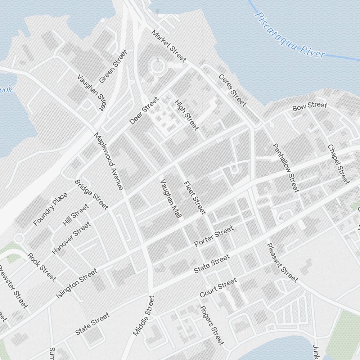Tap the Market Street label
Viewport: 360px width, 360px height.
(168, 46)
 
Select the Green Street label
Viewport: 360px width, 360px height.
(113, 66)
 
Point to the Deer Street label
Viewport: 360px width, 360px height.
(144, 111)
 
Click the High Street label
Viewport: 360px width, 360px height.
(186, 115)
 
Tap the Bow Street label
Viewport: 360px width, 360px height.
(310, 106)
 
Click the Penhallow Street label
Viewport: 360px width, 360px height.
(285, 168)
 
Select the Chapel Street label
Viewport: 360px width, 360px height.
(338, 164)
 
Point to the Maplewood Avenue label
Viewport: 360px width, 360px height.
(109, 161)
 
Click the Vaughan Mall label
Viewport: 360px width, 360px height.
(171, 199)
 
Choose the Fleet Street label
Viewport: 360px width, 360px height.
(195, 198)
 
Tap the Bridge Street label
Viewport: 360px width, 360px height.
(91, 194)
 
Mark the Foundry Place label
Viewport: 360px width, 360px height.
(50, 209)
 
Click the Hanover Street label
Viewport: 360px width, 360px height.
(71, 238)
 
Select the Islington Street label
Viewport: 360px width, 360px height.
(77, 284)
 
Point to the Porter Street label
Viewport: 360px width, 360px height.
(214, 236)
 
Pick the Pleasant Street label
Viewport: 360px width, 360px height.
(282, 262)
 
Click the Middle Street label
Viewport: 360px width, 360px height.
(144, 316)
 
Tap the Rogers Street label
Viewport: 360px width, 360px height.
(212, 325)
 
